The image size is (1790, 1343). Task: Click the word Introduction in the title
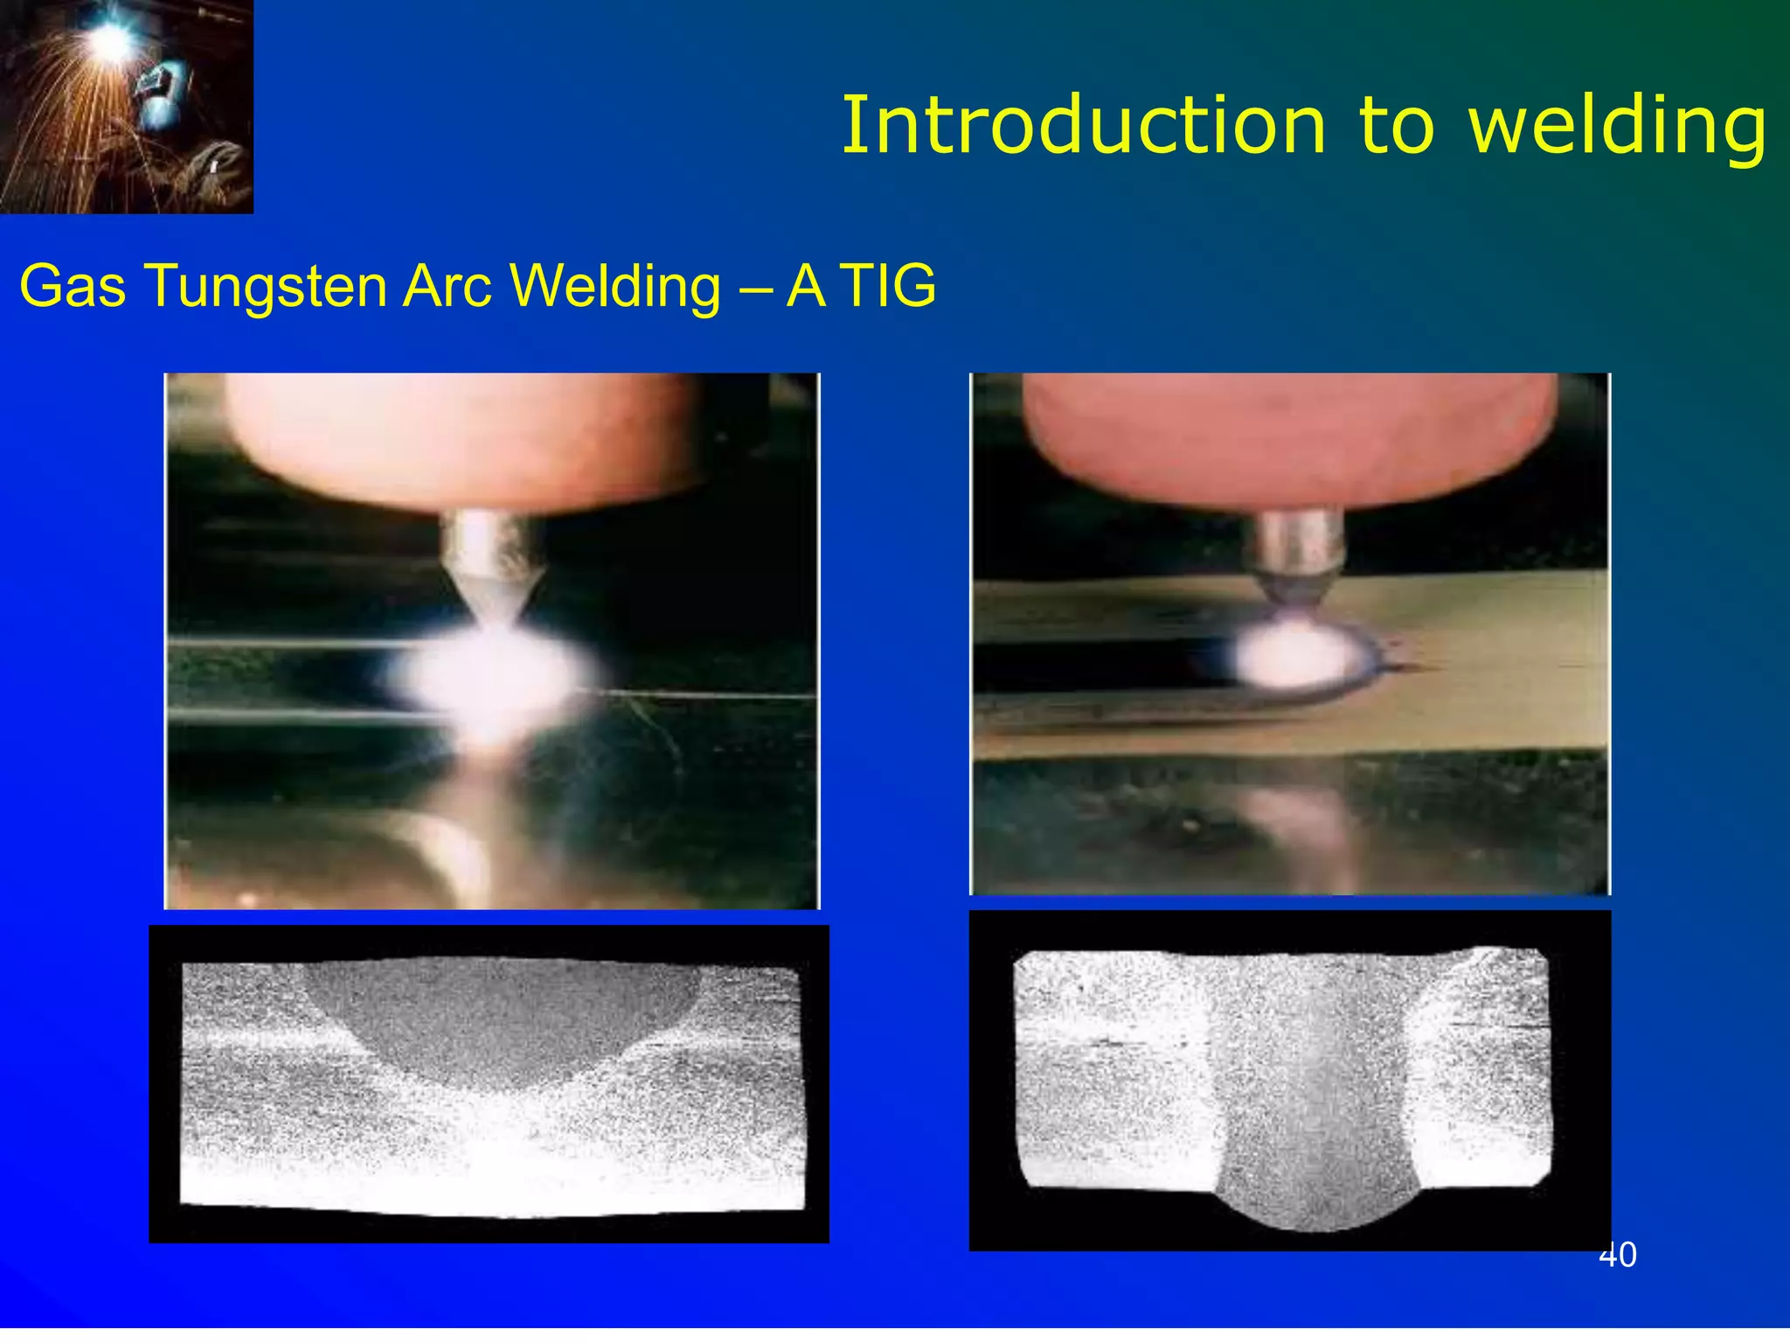(x=1084, y=126)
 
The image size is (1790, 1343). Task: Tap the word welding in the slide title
(x=1617, y=126)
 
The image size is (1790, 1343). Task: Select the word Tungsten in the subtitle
(x=266, y=287)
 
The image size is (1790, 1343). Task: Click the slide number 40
(x=1617, y=1255)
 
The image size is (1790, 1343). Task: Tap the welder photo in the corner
(x=127, y=107)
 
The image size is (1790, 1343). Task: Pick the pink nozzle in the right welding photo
(x=1289, y=437)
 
